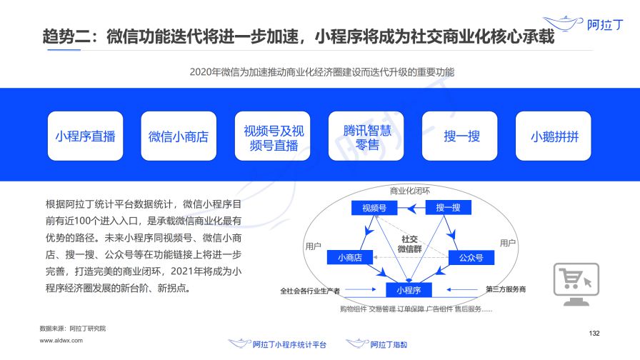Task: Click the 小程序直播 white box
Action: pos(85,136)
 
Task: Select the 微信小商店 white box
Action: pos(179,136)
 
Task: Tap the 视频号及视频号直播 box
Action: pos(273,136)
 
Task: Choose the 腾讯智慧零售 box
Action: pos(366,136)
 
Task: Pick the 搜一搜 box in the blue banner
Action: pos(461,136)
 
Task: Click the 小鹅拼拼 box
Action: pos(554,136)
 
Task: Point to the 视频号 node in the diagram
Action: pos(374,208)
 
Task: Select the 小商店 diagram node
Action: pos(350,257)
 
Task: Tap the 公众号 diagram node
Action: pos(471,257)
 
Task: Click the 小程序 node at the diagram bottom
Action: pos(409,290)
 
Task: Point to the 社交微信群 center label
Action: pos(410,244)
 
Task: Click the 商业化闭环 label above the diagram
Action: pos(409,191)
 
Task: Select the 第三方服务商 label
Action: pos(505,289)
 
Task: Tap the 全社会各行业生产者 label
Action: pos(310,291)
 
